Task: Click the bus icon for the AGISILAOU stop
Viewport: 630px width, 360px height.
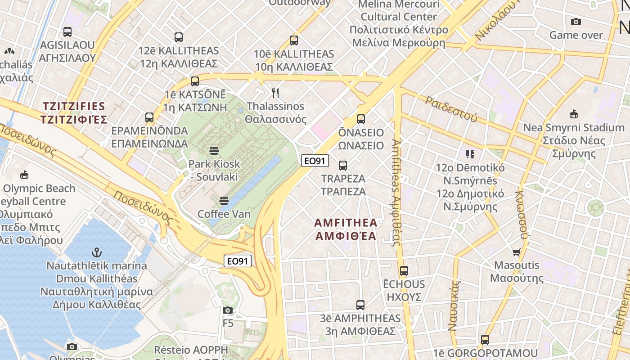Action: [x=67, y=31]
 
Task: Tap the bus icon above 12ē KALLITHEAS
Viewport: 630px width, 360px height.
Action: [x=179, y=37]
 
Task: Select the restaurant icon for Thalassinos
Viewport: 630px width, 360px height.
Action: [x=275, y=93]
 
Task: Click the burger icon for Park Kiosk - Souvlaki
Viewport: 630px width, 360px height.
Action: [x=214, y=150]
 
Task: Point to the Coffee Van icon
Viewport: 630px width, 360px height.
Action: [x=224, y=200]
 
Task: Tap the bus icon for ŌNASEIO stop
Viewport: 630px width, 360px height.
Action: [x=360, y=119]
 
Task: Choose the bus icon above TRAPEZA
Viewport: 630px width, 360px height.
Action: [x=343, y=165]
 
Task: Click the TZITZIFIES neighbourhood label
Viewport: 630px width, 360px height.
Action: [x=74, y=113]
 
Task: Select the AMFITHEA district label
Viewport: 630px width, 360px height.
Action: [x=346, y=229]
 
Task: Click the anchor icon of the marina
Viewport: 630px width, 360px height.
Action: [x=96, y=252]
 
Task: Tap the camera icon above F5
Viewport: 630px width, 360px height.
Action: [x=228, y=310]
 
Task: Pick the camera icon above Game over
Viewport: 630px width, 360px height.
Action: [x=576, y=22]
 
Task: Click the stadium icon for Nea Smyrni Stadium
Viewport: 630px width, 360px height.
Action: [x=573, y=114]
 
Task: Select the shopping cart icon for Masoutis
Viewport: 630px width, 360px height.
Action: [x=516, y=252]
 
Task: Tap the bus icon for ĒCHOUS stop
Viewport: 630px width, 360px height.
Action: [x=404, y=270]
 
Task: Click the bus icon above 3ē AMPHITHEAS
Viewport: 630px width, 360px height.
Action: [x=360, y=305]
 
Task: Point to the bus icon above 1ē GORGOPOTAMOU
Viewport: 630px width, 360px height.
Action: [x=485, y=339]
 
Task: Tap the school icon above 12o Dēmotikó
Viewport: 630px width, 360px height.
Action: [x=470, y=154]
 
